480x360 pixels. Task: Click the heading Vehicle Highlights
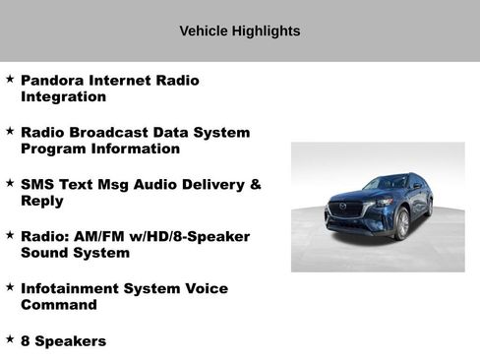(x=239, y=30)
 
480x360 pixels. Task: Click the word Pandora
(x=52, y=80)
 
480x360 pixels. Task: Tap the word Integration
(x=63, y=97)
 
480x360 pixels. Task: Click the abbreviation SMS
(x=36, y=184)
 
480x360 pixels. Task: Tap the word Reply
(x=41, y=201)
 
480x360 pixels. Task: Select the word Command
(x=58, y=305)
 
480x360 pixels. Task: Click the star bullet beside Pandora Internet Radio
(x=10, y=77)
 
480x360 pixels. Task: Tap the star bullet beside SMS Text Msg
(x=10, y=182)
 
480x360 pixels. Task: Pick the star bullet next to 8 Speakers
(x=10, y=338)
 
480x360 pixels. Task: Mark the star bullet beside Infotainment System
(x=10, y=286)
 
